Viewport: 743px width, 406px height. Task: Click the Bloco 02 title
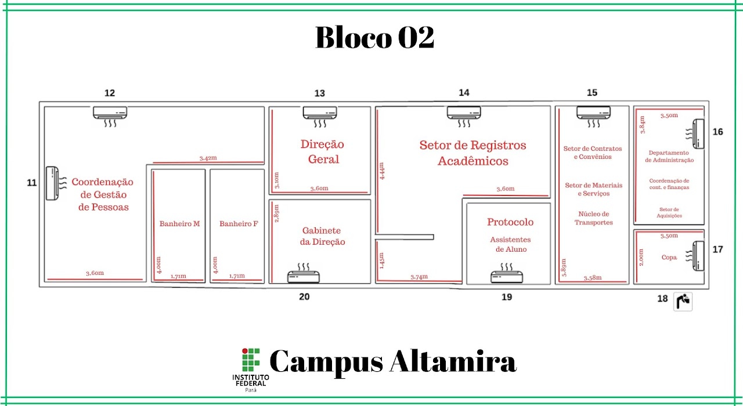click(x=374, y=37)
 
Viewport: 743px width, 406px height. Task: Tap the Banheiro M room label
click(x=179, y=224)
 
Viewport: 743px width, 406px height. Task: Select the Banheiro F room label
click(x=239, y=224)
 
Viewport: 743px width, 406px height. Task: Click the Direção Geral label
click(x=323, y=151)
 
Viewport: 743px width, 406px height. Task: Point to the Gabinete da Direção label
click(x=322, y=236)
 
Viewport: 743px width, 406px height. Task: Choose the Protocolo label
click(x=510, y=222)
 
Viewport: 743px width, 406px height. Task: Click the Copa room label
click(x=669, y=258)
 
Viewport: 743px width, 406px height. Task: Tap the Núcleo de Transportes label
click(x=593, y=218)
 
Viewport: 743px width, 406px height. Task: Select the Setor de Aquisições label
click(x=669, y=212)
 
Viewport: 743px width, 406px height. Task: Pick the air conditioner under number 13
click(x=320, y=117)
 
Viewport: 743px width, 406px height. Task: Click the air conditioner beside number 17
click(x=696, y=256)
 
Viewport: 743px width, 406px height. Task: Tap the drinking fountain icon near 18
click(x=683, y=302)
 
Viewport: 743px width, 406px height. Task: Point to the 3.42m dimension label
click(x=208, y=158)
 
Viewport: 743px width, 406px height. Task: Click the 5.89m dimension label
click(x=564, y=267)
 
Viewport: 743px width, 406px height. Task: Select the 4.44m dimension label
click(x=381, y=171)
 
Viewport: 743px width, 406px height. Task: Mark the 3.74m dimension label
click(x=419, y=277)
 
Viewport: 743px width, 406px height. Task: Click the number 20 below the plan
click(x=304, y=296)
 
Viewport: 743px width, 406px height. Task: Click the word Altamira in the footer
click(x=453, y=361)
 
